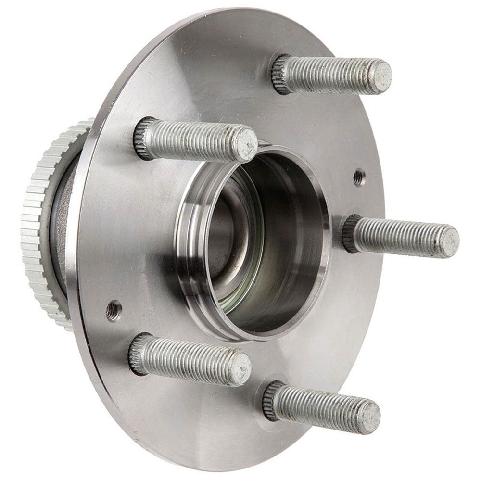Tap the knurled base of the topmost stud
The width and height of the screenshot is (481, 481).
(x=282, y=74)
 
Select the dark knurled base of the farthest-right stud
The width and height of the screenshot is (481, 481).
(x=351, y=233)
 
